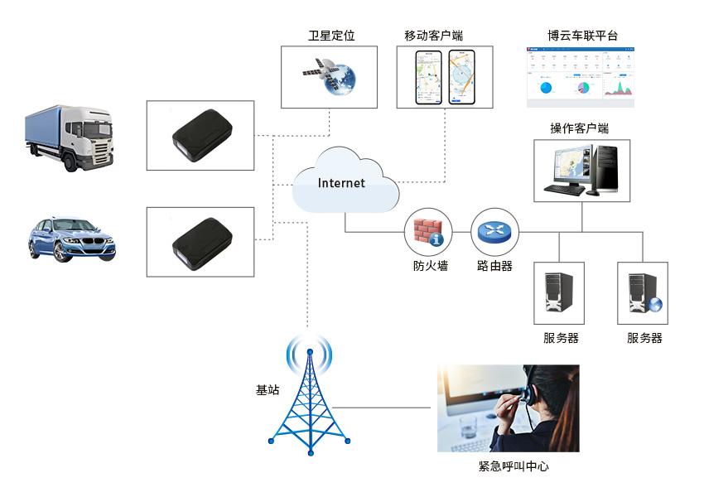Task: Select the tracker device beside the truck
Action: point(200,135)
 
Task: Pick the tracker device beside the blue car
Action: point(200,241)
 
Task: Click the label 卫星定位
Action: point(330,36)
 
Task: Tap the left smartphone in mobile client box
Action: point(430,77)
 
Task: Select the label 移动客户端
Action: point(433,36)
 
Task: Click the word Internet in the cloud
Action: point(341,183)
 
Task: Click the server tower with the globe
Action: point(643,293)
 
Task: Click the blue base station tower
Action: point(310,398)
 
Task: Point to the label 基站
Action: point(268,389)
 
